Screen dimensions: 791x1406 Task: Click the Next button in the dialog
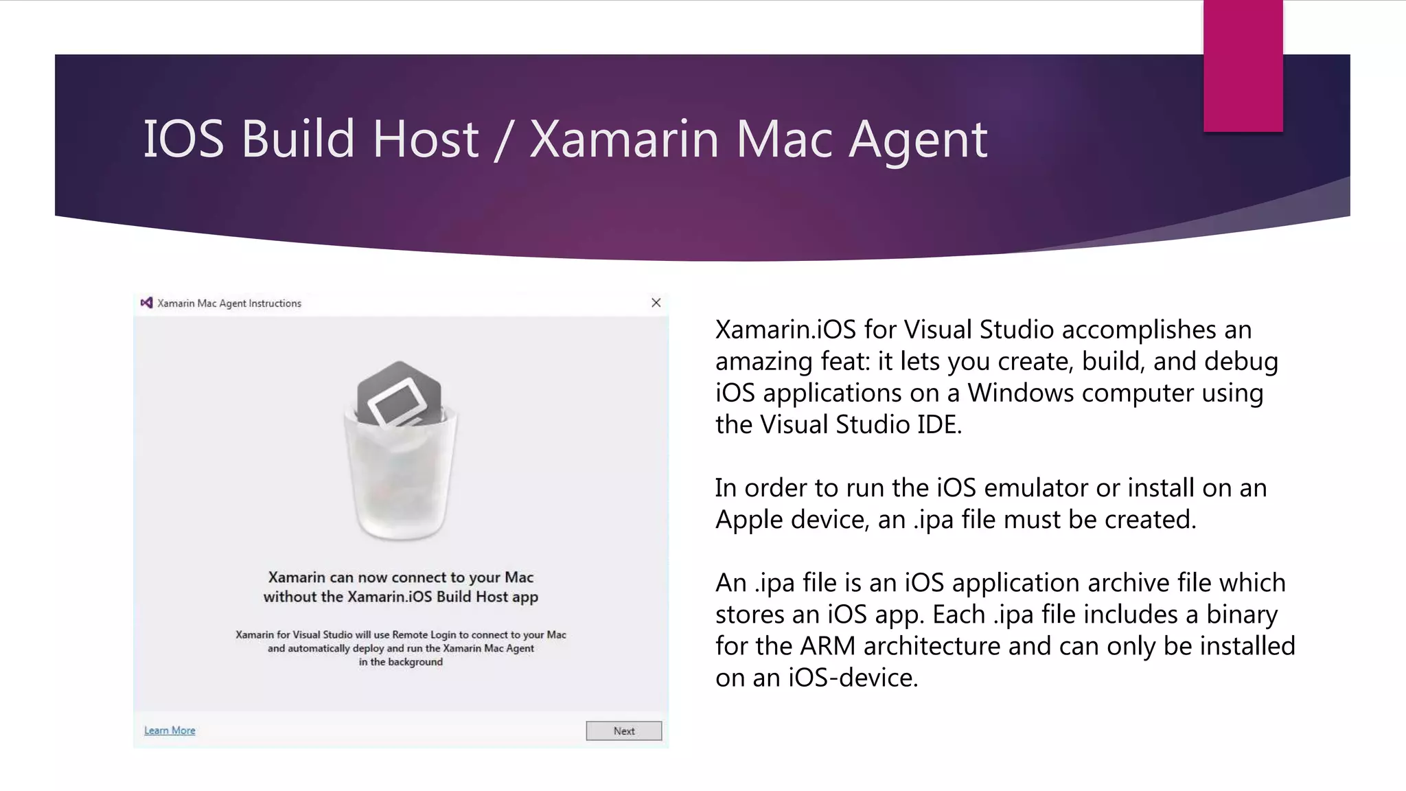point(623,731)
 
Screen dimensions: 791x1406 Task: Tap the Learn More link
point(170,731)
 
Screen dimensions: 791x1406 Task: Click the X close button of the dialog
point(656,303)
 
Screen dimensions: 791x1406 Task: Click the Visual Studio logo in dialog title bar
point(146,303)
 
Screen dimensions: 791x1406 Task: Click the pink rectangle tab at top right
point(1243,65)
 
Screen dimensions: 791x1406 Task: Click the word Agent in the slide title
point(918,139)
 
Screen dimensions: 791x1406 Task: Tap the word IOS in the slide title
point(183,139)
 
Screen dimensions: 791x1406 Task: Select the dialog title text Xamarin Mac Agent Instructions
point(229,303)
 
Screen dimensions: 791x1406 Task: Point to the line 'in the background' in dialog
point(400,662)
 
